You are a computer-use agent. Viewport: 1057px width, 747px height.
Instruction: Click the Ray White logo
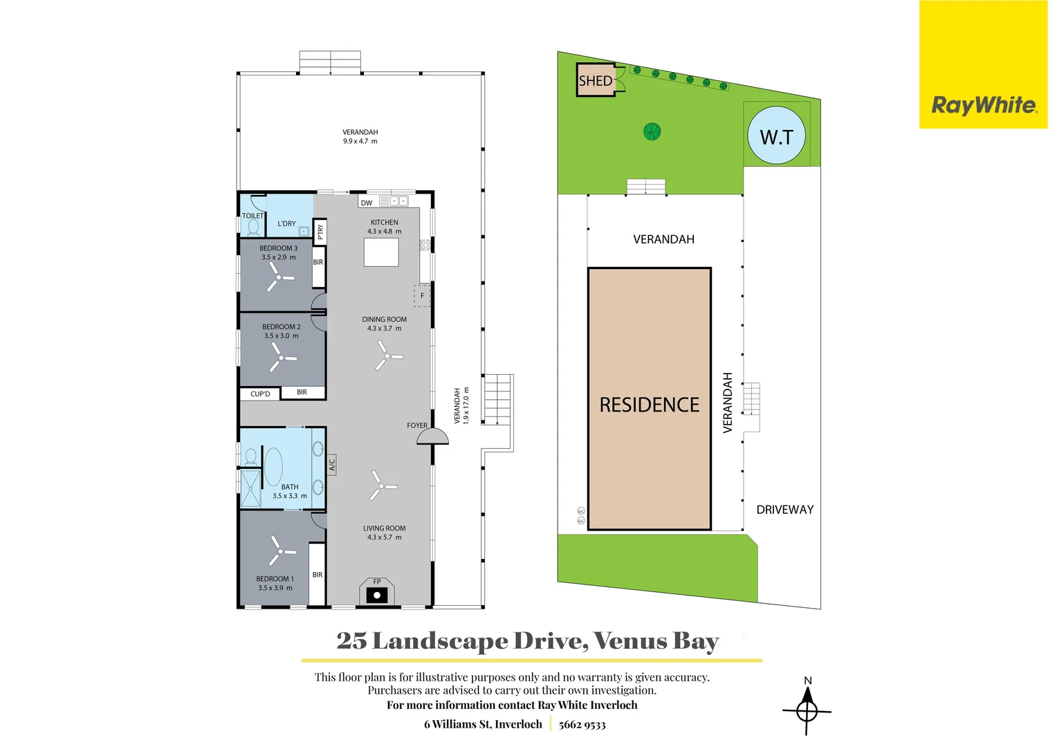pos(983,105)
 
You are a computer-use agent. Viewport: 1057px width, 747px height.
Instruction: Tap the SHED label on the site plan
pos(595,81)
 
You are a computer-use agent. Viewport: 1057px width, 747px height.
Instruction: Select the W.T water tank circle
pos(776,136)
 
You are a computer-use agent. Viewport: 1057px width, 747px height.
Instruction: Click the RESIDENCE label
pos(649,405)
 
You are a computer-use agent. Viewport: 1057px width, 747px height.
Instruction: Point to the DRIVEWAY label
pos(784,510)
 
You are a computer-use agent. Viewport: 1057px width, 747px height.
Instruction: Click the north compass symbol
pos(807,710)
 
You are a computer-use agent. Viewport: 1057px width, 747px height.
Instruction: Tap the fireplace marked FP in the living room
pos(376,593)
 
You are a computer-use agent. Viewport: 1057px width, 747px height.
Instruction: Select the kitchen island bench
pos(381,252)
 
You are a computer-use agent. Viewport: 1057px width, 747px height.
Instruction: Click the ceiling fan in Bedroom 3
pos(279,278)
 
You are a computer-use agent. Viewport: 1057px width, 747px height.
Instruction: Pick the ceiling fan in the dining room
pos(387,356)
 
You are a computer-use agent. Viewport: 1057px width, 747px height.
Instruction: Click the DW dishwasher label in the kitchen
pos(367,203)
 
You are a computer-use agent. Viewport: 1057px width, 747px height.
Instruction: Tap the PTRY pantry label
pos(320,232)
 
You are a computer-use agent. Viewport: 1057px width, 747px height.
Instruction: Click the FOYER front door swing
pos(432,436)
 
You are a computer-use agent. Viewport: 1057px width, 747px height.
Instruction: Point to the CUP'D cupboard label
pos(260,394)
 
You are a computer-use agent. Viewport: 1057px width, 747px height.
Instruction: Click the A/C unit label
pos(332,464)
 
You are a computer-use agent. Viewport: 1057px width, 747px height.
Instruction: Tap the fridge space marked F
pos(422,296)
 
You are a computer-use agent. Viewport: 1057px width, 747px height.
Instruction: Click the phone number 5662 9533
pos(582,725)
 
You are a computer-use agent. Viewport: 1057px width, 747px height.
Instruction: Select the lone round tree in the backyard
pos(652,131)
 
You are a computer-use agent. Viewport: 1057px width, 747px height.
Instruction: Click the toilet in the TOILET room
pos(252,227)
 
